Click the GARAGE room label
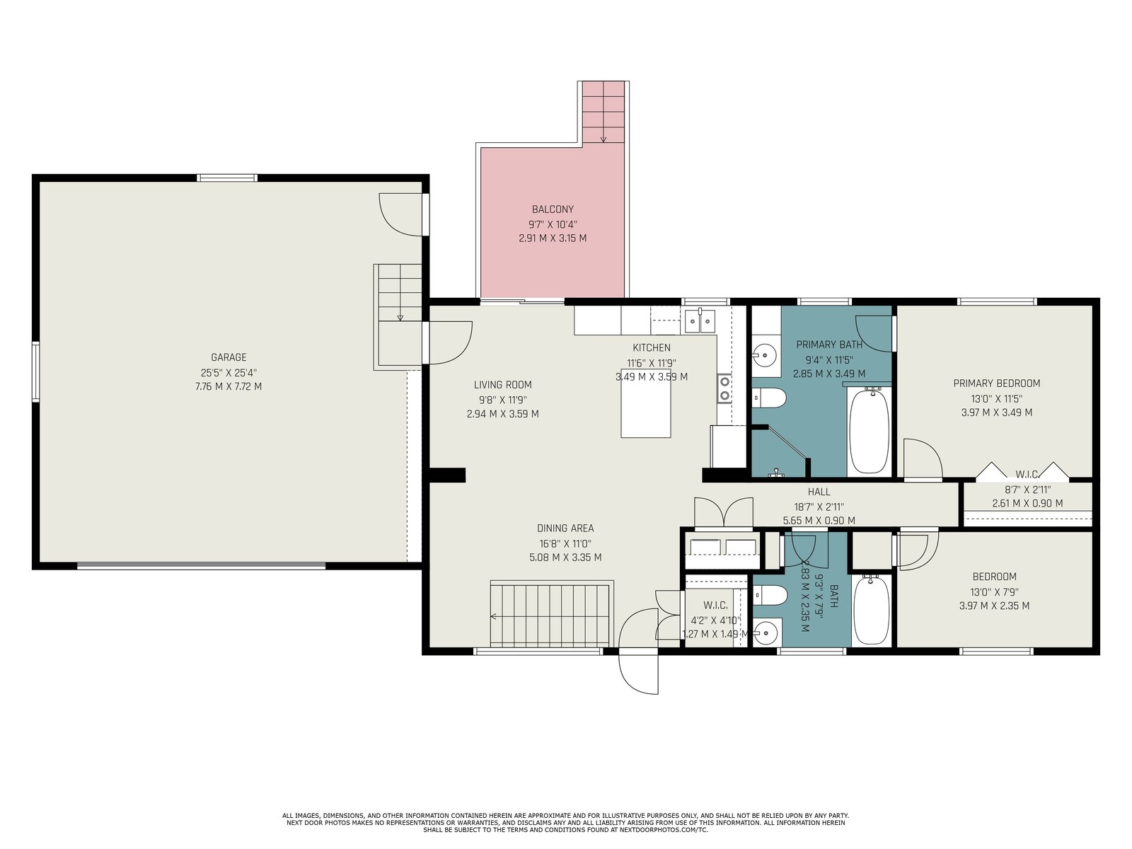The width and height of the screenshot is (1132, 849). [229, 357]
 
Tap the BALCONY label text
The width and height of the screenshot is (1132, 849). [553, 209]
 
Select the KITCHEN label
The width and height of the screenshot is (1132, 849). [652, 348]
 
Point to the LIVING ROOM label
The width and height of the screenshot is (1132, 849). [503, 385]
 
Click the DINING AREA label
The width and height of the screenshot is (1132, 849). [565, 529]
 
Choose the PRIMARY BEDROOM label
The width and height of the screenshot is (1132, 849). [996, 383]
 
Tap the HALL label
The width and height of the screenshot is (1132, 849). [819, 492]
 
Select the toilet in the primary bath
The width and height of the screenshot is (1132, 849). [769, 398]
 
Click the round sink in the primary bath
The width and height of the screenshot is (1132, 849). [766, 354]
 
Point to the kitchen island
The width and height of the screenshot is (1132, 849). [646, 403]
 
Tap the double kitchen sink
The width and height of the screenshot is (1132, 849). [700, 322]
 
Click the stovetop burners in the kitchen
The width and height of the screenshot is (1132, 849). [724, 388]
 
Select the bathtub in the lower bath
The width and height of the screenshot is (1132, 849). [872, 610]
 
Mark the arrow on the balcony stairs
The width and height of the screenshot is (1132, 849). [603, 131]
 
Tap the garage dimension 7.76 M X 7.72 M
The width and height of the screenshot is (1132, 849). [229, 386]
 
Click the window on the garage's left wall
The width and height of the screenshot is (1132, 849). [35, 371]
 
